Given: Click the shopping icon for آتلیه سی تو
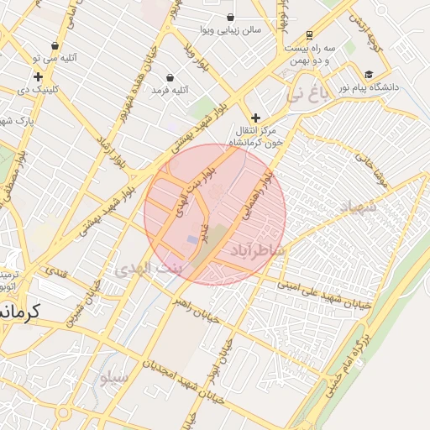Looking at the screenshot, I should (55, 46).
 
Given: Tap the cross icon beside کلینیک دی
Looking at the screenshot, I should (38, 76).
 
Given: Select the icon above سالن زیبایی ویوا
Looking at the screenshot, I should (230, 17).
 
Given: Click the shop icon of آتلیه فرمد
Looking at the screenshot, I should (170, 77).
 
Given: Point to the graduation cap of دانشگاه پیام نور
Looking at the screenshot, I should (369, 75).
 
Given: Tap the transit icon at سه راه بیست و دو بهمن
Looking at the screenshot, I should (310, 35).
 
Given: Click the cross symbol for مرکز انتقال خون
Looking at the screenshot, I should (255, 118).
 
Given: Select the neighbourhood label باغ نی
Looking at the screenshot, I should (303, 95).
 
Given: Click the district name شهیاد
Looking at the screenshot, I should (360, 206).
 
